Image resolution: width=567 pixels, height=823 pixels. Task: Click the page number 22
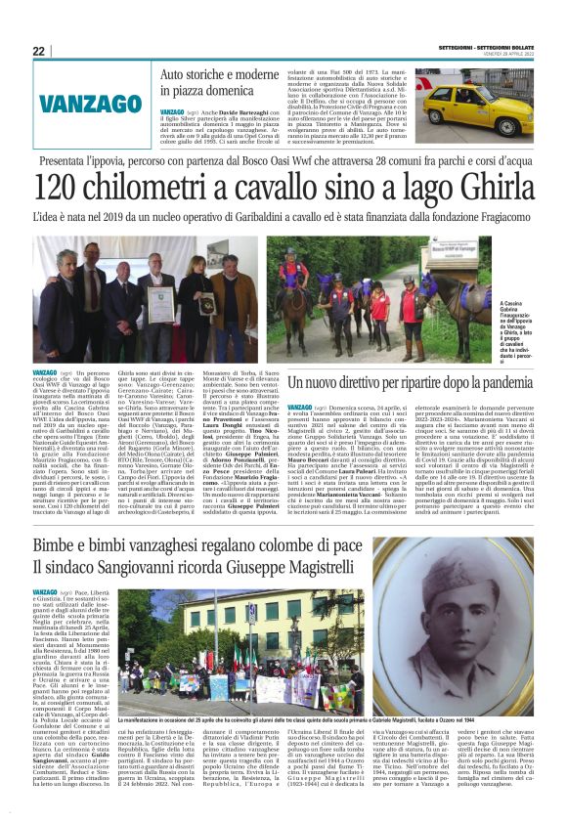38,51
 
